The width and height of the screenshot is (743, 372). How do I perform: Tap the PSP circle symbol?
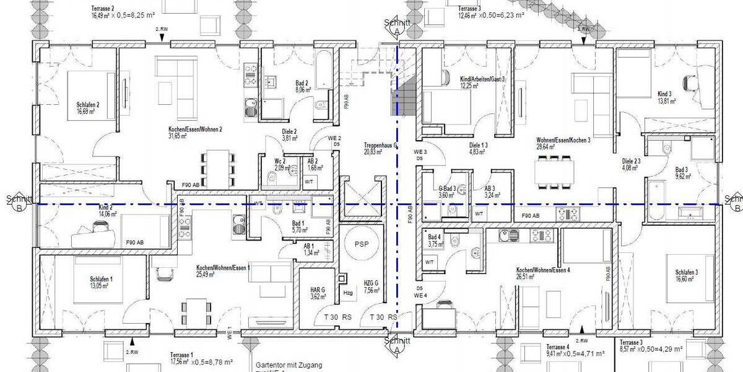[361, 244]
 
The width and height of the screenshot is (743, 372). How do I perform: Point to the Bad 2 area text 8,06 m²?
[303, 90]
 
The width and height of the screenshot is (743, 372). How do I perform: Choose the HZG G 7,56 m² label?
[371, 286]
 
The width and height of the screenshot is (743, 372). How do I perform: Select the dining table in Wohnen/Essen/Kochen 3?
[554, 172]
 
